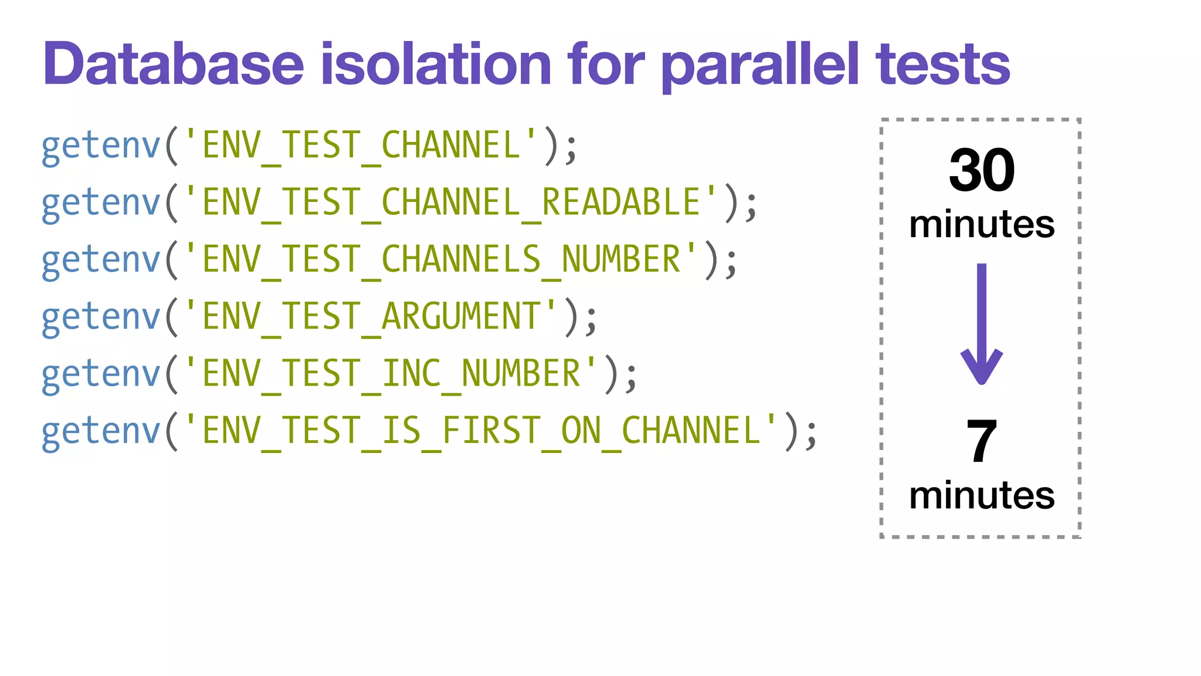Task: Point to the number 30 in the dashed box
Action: (x=982, y=170)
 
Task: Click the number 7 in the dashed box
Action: (x=981, y=441)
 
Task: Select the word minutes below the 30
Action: (x=982, y=224)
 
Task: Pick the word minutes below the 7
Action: (x=982, y=495)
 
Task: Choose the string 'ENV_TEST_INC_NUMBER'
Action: (x=391, y=373)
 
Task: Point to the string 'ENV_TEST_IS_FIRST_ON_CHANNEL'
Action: (x=480, y=430)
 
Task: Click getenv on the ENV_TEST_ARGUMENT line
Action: (x=101, y=317)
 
